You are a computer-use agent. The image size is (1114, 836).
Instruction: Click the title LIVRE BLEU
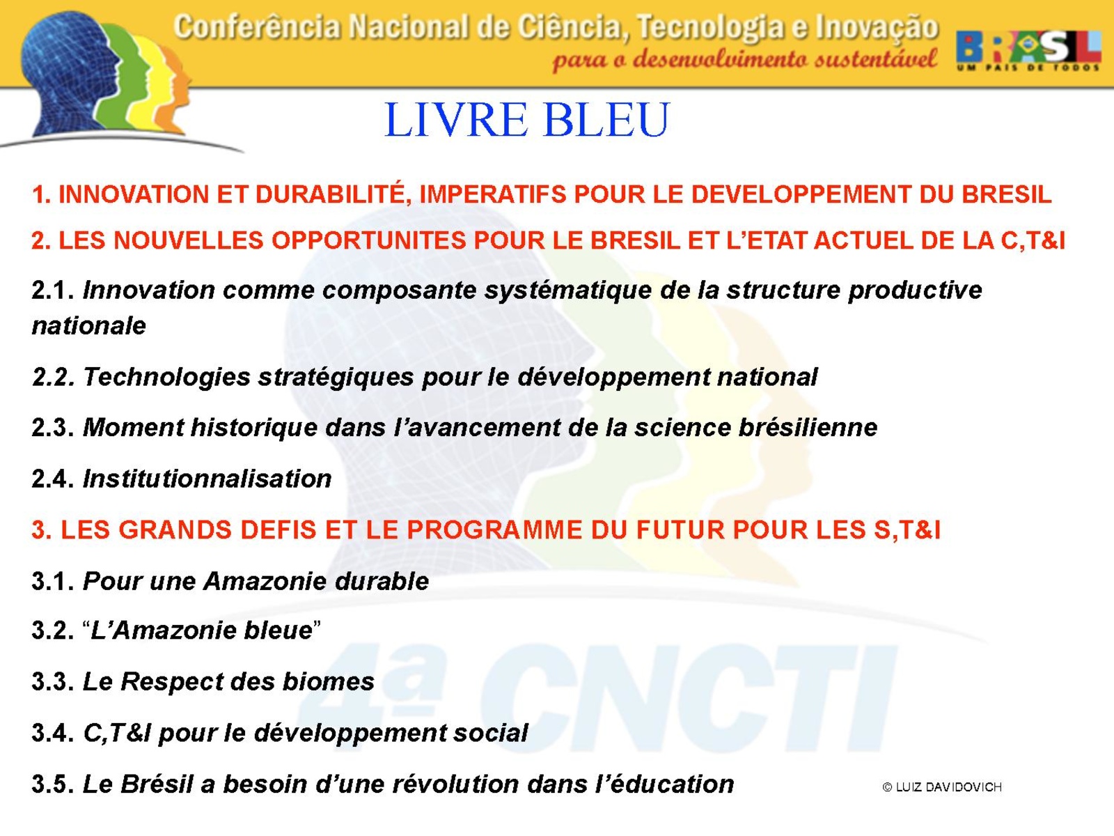(527, 120)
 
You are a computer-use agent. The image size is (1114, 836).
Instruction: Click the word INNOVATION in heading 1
(134, 194)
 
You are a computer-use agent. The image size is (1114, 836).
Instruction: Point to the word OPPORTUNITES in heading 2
(368, 240)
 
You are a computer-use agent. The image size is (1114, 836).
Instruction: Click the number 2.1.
(53, 291)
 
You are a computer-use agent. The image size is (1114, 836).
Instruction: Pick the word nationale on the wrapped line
(89, 326)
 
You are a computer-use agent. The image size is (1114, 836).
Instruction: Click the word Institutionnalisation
(207, 479)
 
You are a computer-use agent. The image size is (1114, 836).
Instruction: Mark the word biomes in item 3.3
(328, 681)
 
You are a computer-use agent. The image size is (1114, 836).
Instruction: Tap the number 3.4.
(53, 733)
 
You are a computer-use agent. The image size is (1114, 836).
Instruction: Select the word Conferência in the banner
(257, 26)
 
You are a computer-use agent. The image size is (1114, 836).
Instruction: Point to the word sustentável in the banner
(875, 59)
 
